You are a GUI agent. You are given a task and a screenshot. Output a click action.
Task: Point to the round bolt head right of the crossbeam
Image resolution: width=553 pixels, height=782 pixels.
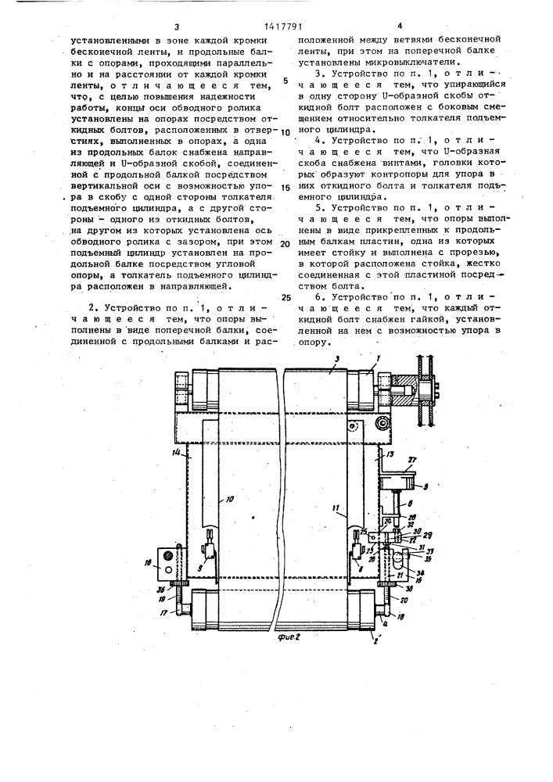[382, 423]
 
